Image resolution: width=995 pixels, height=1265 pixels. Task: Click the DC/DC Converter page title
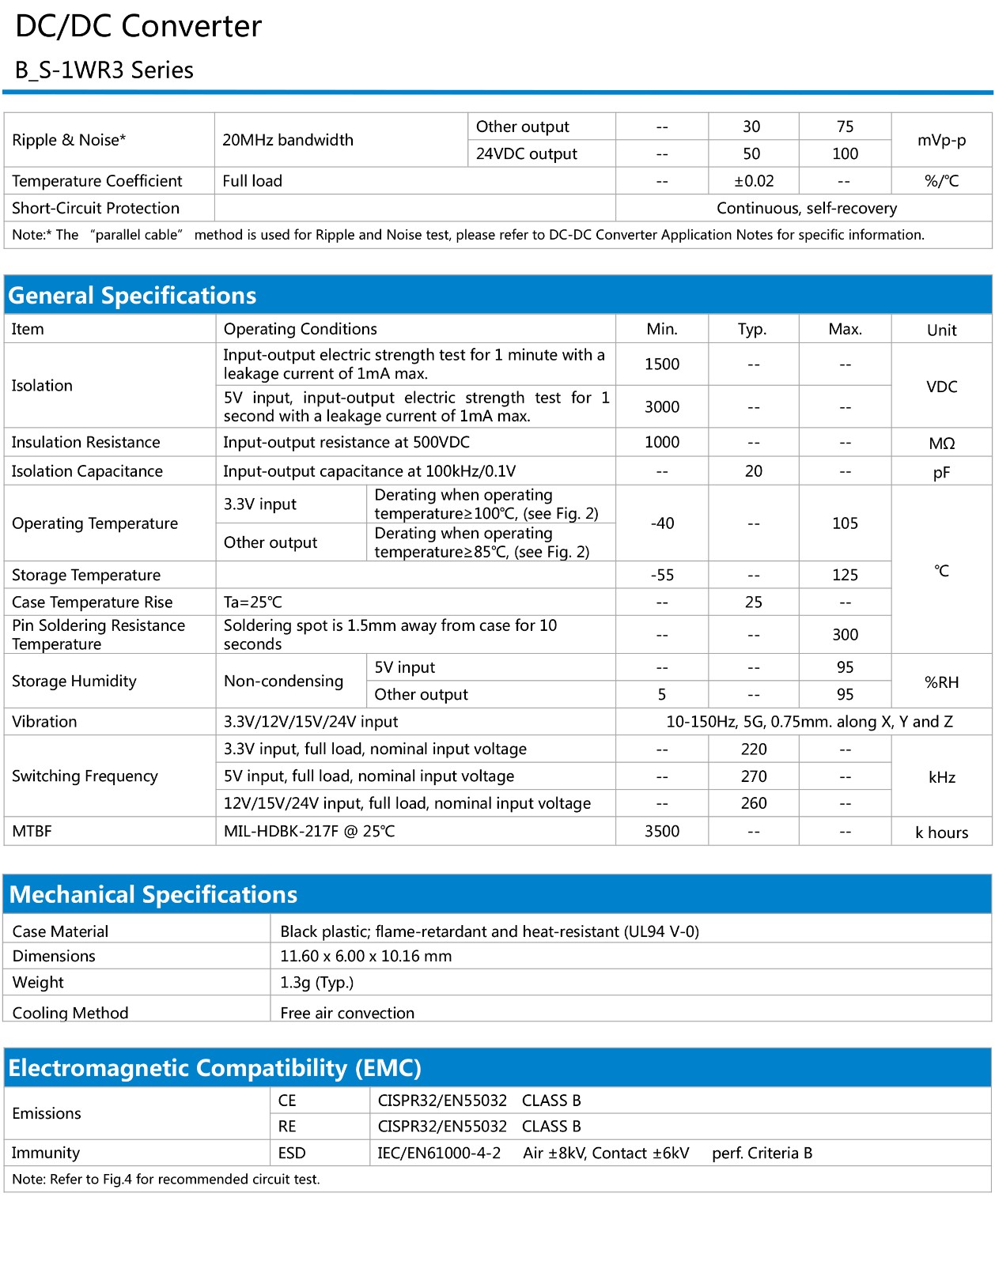(138, 27)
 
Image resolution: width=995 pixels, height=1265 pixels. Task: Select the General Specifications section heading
(132, 296)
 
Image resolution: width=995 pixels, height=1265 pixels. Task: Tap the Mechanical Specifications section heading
(153, 894)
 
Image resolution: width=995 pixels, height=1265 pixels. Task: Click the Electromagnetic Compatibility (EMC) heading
(214, 1068)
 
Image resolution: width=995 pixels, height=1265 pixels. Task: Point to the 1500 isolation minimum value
(661, 364)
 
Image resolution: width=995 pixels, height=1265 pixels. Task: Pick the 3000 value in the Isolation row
(661, 407)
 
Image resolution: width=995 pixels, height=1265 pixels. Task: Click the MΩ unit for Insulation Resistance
(941, 444)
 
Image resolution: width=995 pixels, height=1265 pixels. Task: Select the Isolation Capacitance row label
(87, 471)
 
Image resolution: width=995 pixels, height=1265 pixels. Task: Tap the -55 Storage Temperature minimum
(661, 576)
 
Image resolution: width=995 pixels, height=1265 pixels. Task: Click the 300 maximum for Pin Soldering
(845, 635)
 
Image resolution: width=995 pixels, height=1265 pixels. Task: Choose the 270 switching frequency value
(753, 776)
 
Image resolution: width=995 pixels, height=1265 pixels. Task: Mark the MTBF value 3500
(661, 832)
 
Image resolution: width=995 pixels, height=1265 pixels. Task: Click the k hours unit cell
(941, 833)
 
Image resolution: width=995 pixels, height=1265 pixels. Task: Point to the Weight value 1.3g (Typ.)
(316, 983)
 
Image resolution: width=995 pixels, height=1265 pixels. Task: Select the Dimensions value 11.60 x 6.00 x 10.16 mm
(365, 956)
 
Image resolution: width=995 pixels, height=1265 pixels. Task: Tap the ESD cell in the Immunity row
(292, 1154)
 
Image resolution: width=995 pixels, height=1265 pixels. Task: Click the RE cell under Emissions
(287, 1127)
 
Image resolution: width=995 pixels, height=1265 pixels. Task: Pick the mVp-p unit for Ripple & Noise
(941, 141)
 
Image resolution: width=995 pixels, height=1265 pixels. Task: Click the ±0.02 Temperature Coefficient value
(753, 181)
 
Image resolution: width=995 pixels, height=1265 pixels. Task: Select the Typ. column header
(751, 330)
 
